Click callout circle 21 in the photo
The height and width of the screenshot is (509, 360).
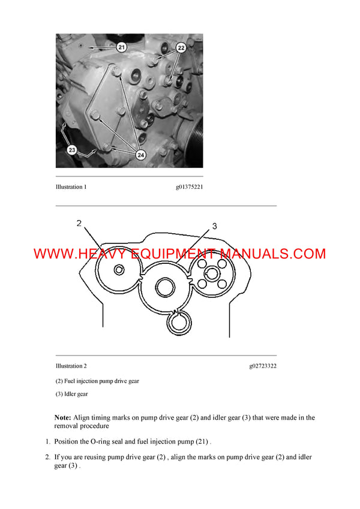[122, 46]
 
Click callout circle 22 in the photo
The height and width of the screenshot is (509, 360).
[181, 47]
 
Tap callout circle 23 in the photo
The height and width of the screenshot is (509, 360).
[72, 150]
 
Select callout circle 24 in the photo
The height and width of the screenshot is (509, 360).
[141, 155]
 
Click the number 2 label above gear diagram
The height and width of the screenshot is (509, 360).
[79, 224]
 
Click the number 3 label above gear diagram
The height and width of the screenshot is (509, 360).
[214, 226]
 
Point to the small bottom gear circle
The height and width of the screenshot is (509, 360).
[179, 324]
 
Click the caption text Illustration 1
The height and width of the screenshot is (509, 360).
[71, 187]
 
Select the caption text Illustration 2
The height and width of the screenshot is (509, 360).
[71, 366]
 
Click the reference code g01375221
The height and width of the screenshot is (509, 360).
[189, 187]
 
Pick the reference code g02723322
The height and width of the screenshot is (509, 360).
[262, 366]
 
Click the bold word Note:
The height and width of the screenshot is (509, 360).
[62, 417]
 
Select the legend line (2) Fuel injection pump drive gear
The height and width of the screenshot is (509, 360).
[97, 381]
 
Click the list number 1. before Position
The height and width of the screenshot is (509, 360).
[48, 442]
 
